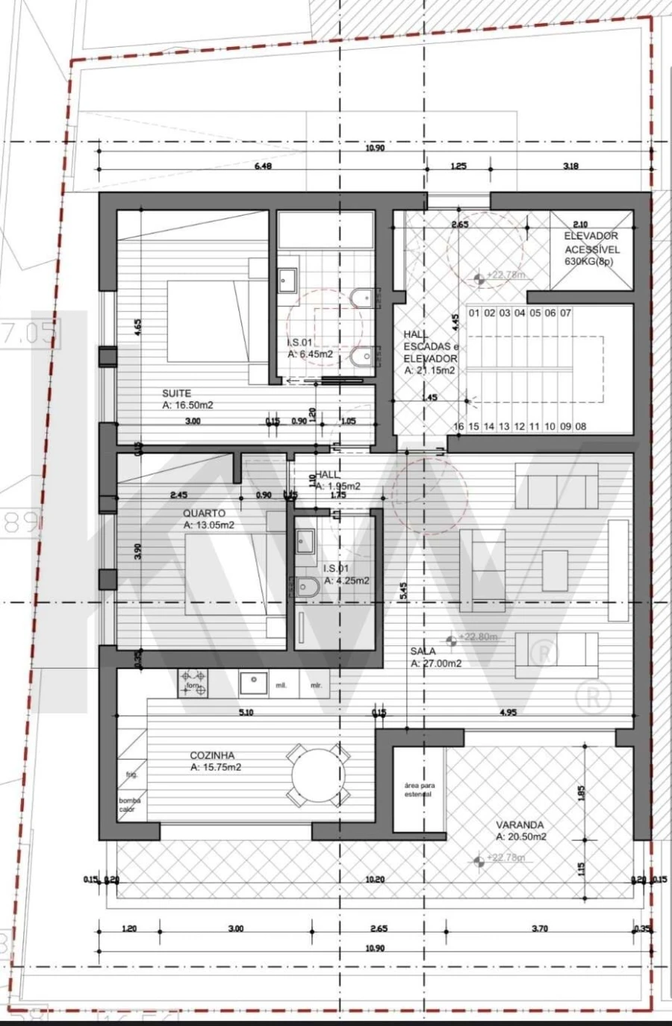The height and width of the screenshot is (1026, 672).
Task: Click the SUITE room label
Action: coord(177,393)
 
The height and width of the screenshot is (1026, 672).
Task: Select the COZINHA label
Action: coord(213,755)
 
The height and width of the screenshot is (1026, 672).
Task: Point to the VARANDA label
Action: coord(520,825)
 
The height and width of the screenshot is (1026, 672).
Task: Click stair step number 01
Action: coord(474,313)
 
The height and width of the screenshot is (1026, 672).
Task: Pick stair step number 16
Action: coord(458,427)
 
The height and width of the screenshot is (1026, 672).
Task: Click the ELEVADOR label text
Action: coord(591,236)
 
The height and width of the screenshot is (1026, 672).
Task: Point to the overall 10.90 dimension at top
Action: coord(375,148)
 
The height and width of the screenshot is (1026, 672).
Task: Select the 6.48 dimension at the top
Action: coord(263,166)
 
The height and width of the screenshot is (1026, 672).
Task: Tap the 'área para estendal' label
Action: coord(419,790)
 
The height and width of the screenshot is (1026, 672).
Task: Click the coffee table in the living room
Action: coord(555,570)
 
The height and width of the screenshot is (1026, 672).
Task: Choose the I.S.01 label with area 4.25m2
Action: coord(346,575)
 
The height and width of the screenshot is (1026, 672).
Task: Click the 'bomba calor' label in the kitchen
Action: coord(129,804)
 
